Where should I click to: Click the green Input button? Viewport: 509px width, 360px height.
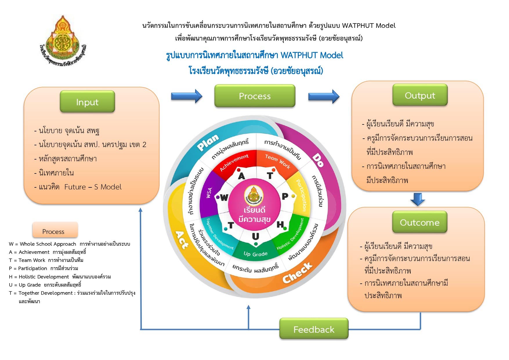pyautogui.click(x=87, y=102)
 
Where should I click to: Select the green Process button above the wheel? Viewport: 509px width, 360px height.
pyautogui.click(x=255, y=96)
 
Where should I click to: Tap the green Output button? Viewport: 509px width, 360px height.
pyautogui.click(x=420, y=95)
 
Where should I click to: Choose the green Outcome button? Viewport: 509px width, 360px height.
pyautogui.click(x=419, y=222)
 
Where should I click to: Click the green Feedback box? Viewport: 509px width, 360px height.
pyautogui.click(x=314, y=329)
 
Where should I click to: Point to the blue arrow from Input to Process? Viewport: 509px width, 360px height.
pyautogui.click(x=186, y=96)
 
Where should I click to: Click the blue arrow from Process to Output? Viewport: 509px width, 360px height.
pyautogui.click(x=323, y=96)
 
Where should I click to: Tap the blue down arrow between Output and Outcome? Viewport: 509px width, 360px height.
pyautogui.click(x=418, y=199)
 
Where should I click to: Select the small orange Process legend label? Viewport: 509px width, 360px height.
pyautogui.click(x=53, y=231)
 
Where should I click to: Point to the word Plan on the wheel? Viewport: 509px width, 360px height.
pyautogui.click(x=208, y=142)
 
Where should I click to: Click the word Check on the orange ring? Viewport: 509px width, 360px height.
pyautogui.click(x=298, y=273)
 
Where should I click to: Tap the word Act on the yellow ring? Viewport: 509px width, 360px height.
pyautogui.click(x=182, y=240)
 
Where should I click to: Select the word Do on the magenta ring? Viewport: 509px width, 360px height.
pyautogui.click(x=318, y=161)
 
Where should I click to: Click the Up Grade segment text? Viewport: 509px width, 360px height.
pyautogui.click(x=256, y=254)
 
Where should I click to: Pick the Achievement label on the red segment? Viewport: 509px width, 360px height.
pyautogui.click(x=234, y=163)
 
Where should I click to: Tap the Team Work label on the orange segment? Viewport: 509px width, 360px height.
pyautogui.click(x=278, y=161)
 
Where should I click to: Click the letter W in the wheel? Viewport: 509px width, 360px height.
pyautogui.click(x=224, y=198)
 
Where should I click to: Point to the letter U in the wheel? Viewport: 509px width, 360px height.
pyautogui.click(x=255, y=236)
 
